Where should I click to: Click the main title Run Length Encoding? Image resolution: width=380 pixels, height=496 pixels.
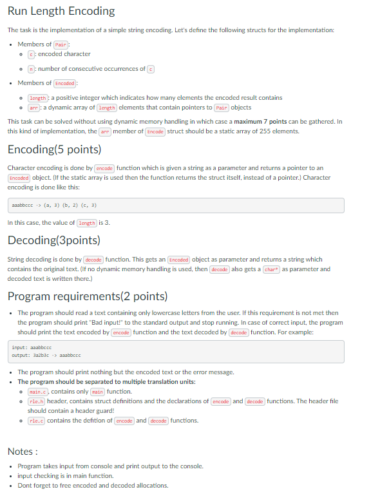[61, 11]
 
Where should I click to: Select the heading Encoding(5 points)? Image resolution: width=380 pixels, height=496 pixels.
[54, 149]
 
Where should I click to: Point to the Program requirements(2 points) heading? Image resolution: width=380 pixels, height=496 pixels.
[87, 296]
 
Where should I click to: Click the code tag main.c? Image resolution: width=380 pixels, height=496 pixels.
[38, 392]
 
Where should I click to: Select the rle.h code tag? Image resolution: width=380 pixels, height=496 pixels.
[37, 401]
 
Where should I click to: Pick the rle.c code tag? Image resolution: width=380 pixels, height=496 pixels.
[37, 421]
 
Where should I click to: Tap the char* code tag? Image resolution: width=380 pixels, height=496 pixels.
[271, 269]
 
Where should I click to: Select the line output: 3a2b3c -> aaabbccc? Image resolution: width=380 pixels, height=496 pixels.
[46, 355]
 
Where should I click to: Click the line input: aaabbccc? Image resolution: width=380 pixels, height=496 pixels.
[32, 347]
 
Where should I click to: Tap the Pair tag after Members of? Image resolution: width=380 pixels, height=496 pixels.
[61, 44]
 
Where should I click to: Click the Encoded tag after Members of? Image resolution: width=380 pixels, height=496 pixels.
[65, 83]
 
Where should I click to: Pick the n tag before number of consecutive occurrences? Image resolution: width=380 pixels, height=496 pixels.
[31, 69]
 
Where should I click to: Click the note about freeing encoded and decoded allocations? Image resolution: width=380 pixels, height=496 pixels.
[93, 485]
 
